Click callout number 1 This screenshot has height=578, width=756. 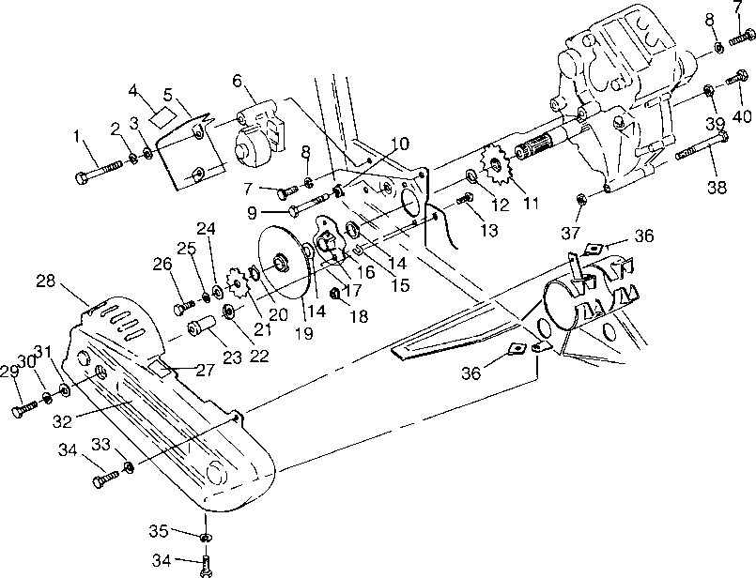76,136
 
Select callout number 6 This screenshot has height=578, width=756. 237,81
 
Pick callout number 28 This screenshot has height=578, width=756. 46,281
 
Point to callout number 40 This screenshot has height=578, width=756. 742,116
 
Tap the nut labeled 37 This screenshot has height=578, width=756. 580,198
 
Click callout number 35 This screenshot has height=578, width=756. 158,531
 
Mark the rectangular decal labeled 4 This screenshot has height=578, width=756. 163,116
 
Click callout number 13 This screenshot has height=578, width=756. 489,230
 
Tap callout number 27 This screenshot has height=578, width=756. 206,370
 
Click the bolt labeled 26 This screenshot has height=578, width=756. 184,307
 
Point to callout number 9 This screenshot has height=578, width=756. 252,213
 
